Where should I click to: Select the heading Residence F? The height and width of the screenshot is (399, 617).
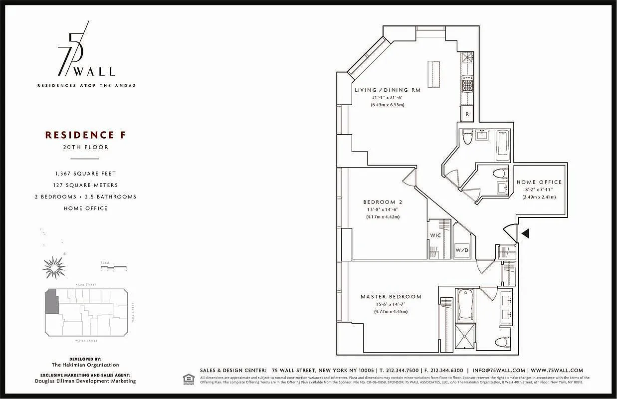click(x=80, y=135)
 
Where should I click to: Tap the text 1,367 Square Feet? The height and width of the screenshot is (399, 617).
click(x=85, y=174)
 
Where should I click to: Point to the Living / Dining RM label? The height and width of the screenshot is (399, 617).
click(x=388, y=90)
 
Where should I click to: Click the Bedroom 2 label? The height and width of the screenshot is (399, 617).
click(x=383, y=202)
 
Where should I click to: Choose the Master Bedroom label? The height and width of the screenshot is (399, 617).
click(x=391, y=297)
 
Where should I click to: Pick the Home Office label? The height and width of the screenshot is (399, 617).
click(x=539, y=182)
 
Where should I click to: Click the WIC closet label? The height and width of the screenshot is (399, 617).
click(x=435, y=235)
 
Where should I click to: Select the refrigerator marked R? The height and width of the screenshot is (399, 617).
click(x=467, y=114)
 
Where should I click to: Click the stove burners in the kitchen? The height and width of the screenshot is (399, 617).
click(x=467, y=84)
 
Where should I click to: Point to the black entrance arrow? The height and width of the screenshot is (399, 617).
click(x=525, y=232)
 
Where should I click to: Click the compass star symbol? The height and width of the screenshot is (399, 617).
click(x=54, y=267)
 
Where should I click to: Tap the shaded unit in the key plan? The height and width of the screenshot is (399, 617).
click(x=51, y=303)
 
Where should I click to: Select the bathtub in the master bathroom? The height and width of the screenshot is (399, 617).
click(x=465, y=305)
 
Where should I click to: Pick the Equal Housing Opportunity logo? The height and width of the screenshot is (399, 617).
click(x=188, y=379)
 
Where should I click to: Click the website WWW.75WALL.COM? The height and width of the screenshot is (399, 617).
click(x=557, y=371)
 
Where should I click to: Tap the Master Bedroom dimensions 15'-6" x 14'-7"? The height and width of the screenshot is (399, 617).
click(x=391, y=304)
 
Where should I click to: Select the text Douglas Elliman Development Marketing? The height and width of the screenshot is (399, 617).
click(x=85, y=381)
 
